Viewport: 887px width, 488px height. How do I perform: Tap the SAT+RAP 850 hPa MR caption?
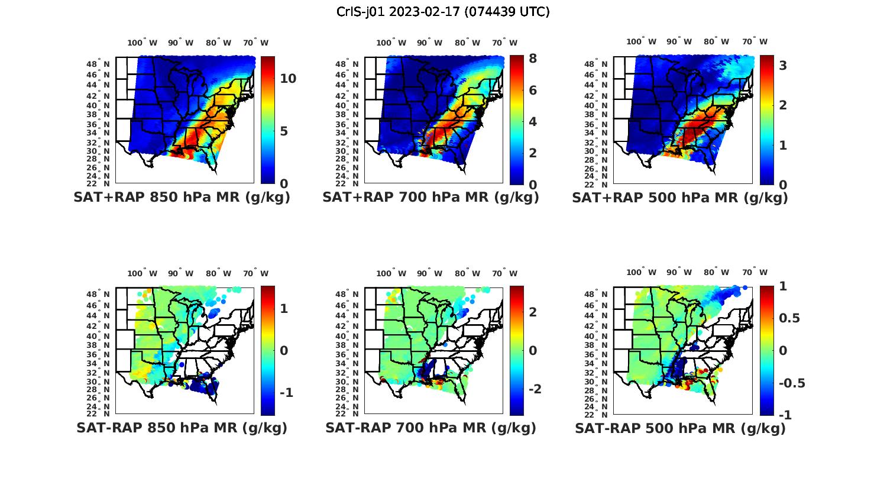pos(182,198)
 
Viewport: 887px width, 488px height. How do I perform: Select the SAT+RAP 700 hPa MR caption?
pos(430,198)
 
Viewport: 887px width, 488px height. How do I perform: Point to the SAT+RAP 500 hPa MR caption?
pos(680,198)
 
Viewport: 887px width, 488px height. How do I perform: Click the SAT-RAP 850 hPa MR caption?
pos(182,428)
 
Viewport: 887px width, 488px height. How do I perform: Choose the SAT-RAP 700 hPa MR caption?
pos(430,428)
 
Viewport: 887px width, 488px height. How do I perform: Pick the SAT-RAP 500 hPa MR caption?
pos(680,428)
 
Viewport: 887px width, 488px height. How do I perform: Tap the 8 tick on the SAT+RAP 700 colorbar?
pos(533,59)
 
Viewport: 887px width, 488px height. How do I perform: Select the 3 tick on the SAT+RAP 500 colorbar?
pos(783,66)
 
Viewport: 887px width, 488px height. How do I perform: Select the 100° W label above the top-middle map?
pos(391,43)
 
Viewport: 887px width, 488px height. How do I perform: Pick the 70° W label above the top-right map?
pos(755,41)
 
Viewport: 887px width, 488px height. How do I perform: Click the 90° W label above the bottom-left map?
pos(181,273)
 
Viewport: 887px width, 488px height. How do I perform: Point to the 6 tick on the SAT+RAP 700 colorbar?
pos(533,90)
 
